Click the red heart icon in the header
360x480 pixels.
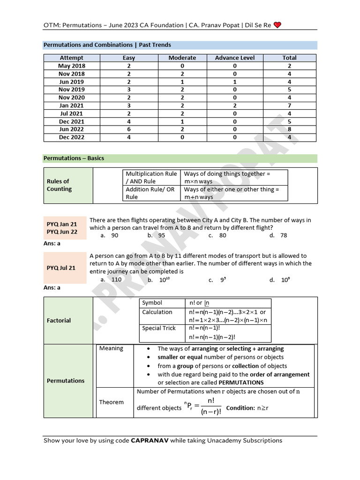tap(277, 25)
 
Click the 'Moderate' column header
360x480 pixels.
tap(182, 58)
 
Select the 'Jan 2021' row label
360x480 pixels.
tap(71, 105)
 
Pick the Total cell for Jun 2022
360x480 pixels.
tap(289, 129)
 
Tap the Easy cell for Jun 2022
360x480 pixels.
tap(128, 129)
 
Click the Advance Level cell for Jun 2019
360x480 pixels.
tap(234, 82)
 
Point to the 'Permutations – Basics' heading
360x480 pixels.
tap(74, 158)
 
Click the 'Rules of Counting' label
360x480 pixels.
tap(59, 185)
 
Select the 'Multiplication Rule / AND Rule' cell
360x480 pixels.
tap(151, 177)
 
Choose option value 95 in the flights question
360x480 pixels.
tap(161, 235)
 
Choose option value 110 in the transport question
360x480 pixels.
tap(116, 279)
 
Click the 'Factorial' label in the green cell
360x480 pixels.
tap(59, 321)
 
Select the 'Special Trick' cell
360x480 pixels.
tap(158, 328)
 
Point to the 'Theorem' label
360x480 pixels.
tap(112, 402)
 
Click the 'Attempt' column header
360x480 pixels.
tap(71, 58)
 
